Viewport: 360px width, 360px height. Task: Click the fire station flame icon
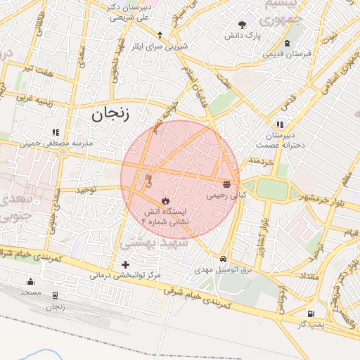166,200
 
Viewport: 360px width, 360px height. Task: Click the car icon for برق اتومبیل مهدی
223,258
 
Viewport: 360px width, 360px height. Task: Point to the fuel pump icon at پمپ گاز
311,313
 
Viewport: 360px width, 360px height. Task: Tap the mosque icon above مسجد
30,281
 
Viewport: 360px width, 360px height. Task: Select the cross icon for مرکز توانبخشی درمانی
126,264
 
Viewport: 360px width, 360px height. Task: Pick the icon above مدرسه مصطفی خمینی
56,131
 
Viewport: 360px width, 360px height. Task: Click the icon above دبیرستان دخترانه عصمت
280,124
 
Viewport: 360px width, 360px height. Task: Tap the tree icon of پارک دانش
243,25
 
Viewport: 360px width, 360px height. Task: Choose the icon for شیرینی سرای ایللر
160,35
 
